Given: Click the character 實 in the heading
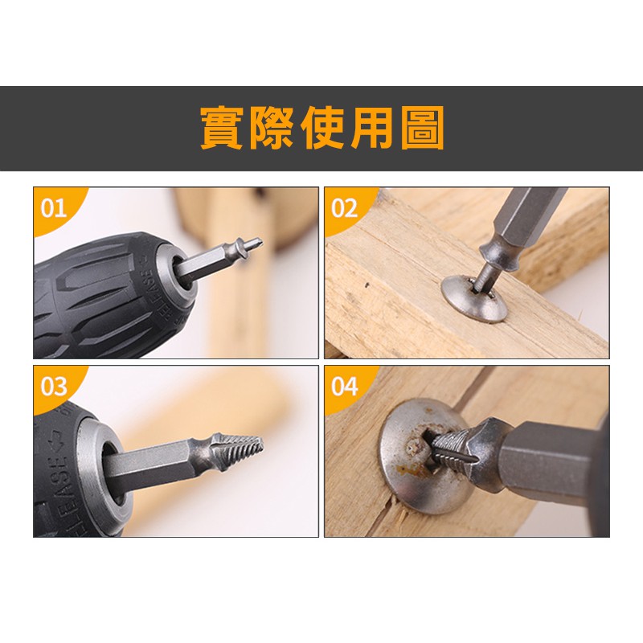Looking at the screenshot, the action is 222,128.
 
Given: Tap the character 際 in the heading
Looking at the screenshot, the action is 272,128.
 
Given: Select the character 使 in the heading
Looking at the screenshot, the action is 322,128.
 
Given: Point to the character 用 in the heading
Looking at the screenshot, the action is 372,128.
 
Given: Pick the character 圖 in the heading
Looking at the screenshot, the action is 423,128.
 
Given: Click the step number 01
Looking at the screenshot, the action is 54,208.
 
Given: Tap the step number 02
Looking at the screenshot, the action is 345,208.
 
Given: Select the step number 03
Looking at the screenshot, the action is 54,387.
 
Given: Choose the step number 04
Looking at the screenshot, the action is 345,387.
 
